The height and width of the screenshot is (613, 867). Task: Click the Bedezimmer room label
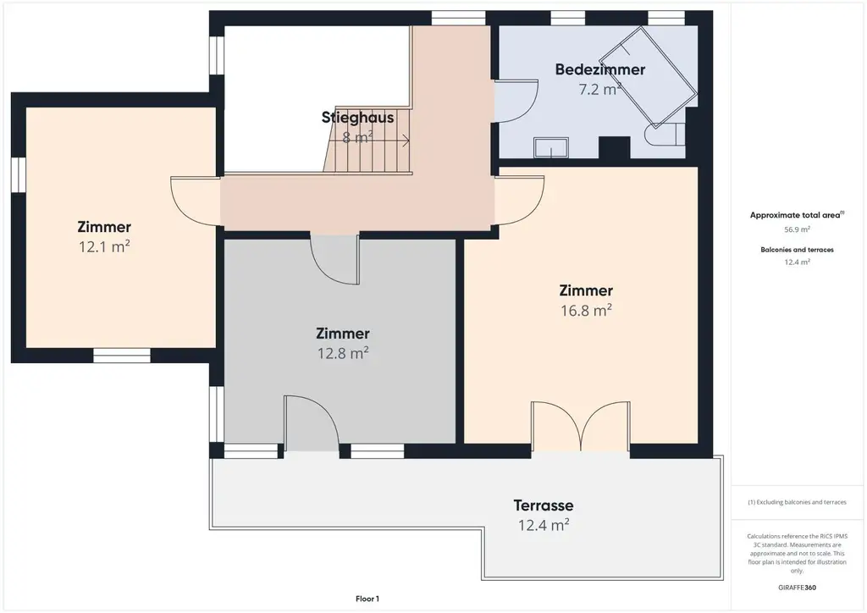[x=600, y=69]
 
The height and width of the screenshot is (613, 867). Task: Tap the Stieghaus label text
[x=358, y=117]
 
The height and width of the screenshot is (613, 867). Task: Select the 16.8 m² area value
[x=586, y=310]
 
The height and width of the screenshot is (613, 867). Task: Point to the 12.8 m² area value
[x=343, y=353]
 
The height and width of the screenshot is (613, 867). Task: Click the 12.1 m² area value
[x=104, y=246]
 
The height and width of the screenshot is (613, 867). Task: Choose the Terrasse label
[x=544, y=505]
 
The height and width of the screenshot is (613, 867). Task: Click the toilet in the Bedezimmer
[x=665, y=135]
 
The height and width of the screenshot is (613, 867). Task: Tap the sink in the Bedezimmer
[x=550, y=147]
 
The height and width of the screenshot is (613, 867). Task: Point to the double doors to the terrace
[x=580, y=427]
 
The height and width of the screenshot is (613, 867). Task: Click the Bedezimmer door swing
[x=516, y=101]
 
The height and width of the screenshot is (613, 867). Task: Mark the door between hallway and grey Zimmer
[x=335, y=260]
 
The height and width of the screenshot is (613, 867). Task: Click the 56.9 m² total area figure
[x=797, y=229]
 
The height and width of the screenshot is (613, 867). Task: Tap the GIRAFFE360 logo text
[x=797, y=588]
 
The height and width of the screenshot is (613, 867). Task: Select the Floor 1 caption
[x=367, y=599]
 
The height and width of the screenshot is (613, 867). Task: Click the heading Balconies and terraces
[x=797, y=250]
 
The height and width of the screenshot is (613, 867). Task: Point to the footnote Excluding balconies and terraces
[x=797, y=502]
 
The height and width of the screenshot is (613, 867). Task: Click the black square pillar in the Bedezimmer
[x=615, y=147]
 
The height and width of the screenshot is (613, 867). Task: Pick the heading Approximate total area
[x=797, y=215]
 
